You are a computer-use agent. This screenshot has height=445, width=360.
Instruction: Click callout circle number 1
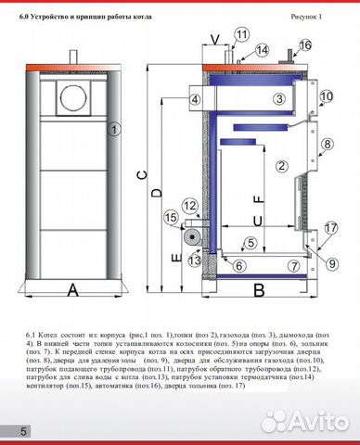pos(114,130)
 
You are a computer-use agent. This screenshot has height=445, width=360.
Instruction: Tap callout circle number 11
pos(241,35)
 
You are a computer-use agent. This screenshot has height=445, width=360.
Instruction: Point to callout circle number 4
pos(195,100)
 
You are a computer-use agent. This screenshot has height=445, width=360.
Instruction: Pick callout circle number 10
pos(325,96)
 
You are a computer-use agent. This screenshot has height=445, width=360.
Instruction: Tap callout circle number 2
pos(277,166)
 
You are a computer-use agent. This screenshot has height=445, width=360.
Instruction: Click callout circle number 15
pos(170,218)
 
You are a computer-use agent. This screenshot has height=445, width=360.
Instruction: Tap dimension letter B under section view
pos(260,290)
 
